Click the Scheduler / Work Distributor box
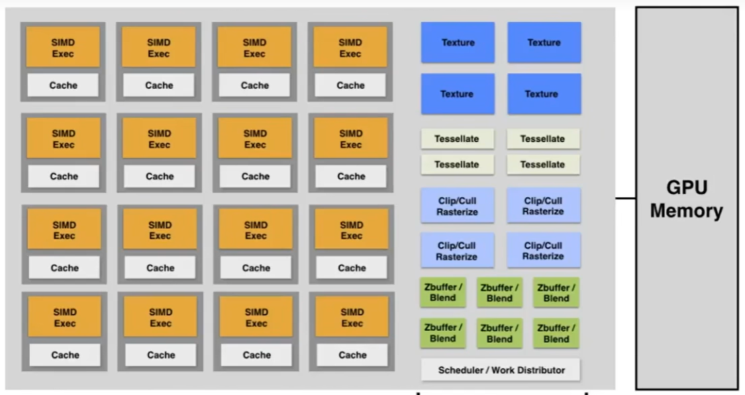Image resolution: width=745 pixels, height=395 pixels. pos(501,370)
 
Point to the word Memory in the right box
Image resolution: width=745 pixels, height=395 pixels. pos(687,211)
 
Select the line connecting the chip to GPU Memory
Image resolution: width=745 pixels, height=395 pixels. pos(626,198)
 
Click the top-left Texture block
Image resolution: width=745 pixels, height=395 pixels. pos(458,42)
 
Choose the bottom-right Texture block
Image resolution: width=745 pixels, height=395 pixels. pos(544,94)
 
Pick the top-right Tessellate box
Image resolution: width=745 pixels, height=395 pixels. pos(542,139)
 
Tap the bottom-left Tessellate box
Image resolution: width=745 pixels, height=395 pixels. pos(458,164)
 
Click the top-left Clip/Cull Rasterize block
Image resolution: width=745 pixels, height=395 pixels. pos(458,205)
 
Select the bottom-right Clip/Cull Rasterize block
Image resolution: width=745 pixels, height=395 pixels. pos(544,250)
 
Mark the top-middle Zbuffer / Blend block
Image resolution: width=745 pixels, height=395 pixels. pos(499,292)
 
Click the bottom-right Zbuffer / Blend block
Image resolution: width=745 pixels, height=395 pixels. pos(556,333)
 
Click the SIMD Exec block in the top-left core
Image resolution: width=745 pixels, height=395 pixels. pos(63,48)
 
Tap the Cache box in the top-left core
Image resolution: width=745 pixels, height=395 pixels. pos(63,85)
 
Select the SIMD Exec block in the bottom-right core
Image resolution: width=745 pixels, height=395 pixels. pos(352,318)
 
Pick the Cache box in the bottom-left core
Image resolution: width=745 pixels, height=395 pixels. pos(65,355)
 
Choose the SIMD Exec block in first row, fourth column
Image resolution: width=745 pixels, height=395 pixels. pos(350,48)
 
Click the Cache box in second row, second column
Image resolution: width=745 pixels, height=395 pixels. pos(160,177)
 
